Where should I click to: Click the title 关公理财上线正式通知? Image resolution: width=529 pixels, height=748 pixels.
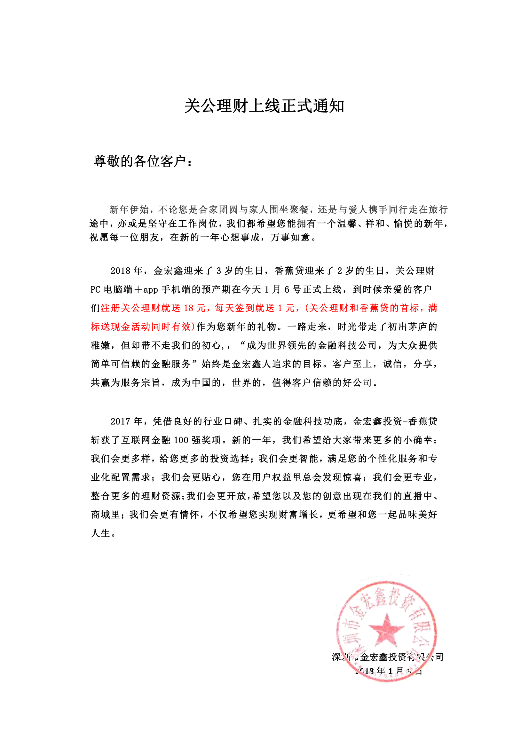click(264, 106)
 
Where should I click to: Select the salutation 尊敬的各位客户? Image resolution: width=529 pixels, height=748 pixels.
click(140, 161)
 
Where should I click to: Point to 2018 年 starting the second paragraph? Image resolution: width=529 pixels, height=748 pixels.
click(126, 271)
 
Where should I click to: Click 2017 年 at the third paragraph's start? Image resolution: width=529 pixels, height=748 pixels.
click(126, 421)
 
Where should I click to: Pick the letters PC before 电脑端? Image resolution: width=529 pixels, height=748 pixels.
click(95, 289)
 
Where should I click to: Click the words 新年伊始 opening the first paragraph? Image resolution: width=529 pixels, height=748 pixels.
click(129, 209)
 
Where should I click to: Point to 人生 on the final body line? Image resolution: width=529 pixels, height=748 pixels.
click(101, 533)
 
